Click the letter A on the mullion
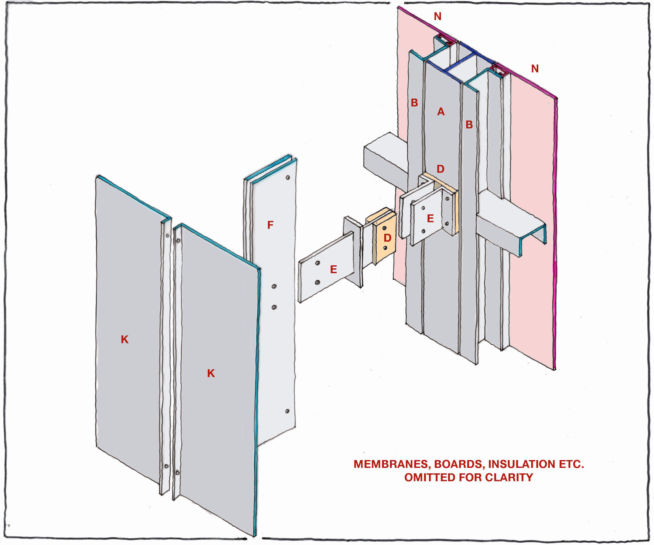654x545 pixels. [441, 112]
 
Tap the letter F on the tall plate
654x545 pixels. [270, 225]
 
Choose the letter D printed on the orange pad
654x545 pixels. [387, 238]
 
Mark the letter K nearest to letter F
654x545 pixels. [211, 373]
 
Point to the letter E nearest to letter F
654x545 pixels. [334, 269]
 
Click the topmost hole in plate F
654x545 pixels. [288, 178]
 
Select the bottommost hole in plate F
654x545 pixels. [287, 411]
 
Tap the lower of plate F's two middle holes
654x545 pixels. [274, 307]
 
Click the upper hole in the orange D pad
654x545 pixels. [384, 228]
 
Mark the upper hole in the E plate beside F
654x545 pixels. [317, 263]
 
